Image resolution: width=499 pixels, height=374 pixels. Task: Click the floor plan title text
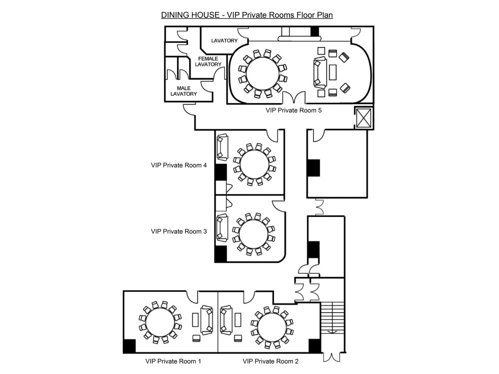(x=247, y=15)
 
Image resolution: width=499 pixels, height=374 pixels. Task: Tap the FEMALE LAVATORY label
(x=208, y=61)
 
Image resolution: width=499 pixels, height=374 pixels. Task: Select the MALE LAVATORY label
(x=184, y=91)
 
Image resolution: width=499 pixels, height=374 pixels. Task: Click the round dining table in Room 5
(x=262, y=73)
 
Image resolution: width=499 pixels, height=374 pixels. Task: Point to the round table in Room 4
(x=254, y=165)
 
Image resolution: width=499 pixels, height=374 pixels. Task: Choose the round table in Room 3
(x=253, y=234)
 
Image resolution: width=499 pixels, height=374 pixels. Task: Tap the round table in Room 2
(x=272, y=328)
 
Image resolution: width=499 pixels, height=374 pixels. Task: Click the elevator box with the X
(x=363, y=118)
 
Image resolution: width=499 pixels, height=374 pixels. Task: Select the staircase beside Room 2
(x=332, y=318)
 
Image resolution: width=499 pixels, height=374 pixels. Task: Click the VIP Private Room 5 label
(x=294, y=110)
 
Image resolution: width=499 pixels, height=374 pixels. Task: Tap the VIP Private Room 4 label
(x=179, y=165)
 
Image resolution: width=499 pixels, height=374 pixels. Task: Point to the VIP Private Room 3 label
(x=179, y=231)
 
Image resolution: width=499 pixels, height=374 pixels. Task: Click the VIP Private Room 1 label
(x=174, y=361)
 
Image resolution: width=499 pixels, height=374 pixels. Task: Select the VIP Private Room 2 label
(x=271, y=361)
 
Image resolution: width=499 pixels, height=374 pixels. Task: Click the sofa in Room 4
(x=222, y=147)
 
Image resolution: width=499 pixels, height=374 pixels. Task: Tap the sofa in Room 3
(x=222, y=227)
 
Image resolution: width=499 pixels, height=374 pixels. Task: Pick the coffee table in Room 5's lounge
(x=332, y=72)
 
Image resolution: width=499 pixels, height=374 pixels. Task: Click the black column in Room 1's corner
(x=129, y=346)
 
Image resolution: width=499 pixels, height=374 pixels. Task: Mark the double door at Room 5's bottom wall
(x=294, y=97)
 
